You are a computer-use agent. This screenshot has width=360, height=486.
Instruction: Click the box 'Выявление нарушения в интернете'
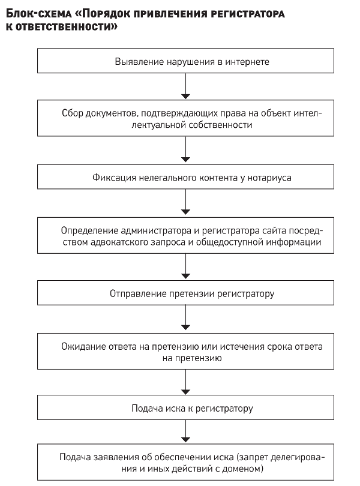(x=185, y=61)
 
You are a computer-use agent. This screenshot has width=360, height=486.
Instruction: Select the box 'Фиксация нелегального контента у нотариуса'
(x=185, y=176)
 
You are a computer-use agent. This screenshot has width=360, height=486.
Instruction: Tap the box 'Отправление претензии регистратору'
(x=185, y=293)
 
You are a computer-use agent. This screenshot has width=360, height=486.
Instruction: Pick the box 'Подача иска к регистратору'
(x=185, y=407)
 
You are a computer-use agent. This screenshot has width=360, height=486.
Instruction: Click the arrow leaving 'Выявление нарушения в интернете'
(x=185, y=86)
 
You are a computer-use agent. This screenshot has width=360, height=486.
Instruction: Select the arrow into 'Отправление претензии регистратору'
(x=185, y=266)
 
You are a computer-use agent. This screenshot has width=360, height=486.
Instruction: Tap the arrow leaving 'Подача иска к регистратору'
(x=185, y=431)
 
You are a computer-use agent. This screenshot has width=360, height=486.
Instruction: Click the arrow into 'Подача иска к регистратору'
(x=185, y=382)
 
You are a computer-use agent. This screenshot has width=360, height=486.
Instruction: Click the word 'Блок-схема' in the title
(x=39, y=14)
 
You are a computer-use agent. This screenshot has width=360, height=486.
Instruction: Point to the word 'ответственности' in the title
(x=67, y=27)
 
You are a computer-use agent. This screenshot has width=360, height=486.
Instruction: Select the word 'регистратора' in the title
(x=243, y=14)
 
